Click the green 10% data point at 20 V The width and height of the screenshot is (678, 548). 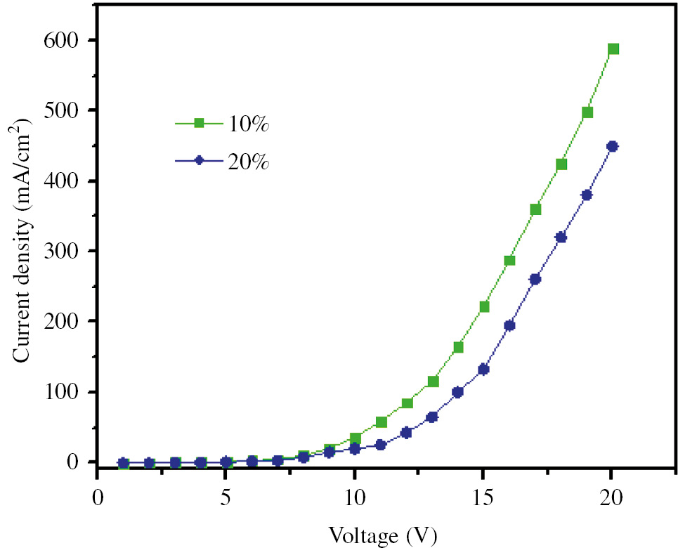613,49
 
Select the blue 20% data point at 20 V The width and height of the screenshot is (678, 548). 612,147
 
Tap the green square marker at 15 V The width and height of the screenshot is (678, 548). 484,306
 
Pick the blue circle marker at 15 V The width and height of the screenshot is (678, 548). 483,370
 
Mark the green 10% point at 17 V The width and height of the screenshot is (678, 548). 535,209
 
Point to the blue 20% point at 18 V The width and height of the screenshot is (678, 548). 561,237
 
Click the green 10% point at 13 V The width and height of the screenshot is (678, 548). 433,381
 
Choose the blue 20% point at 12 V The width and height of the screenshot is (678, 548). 406,433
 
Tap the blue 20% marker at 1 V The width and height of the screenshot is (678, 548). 123,463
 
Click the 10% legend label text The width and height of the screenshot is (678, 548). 248,124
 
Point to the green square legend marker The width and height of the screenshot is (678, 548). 199,124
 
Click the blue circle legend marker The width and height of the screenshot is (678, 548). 199,160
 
